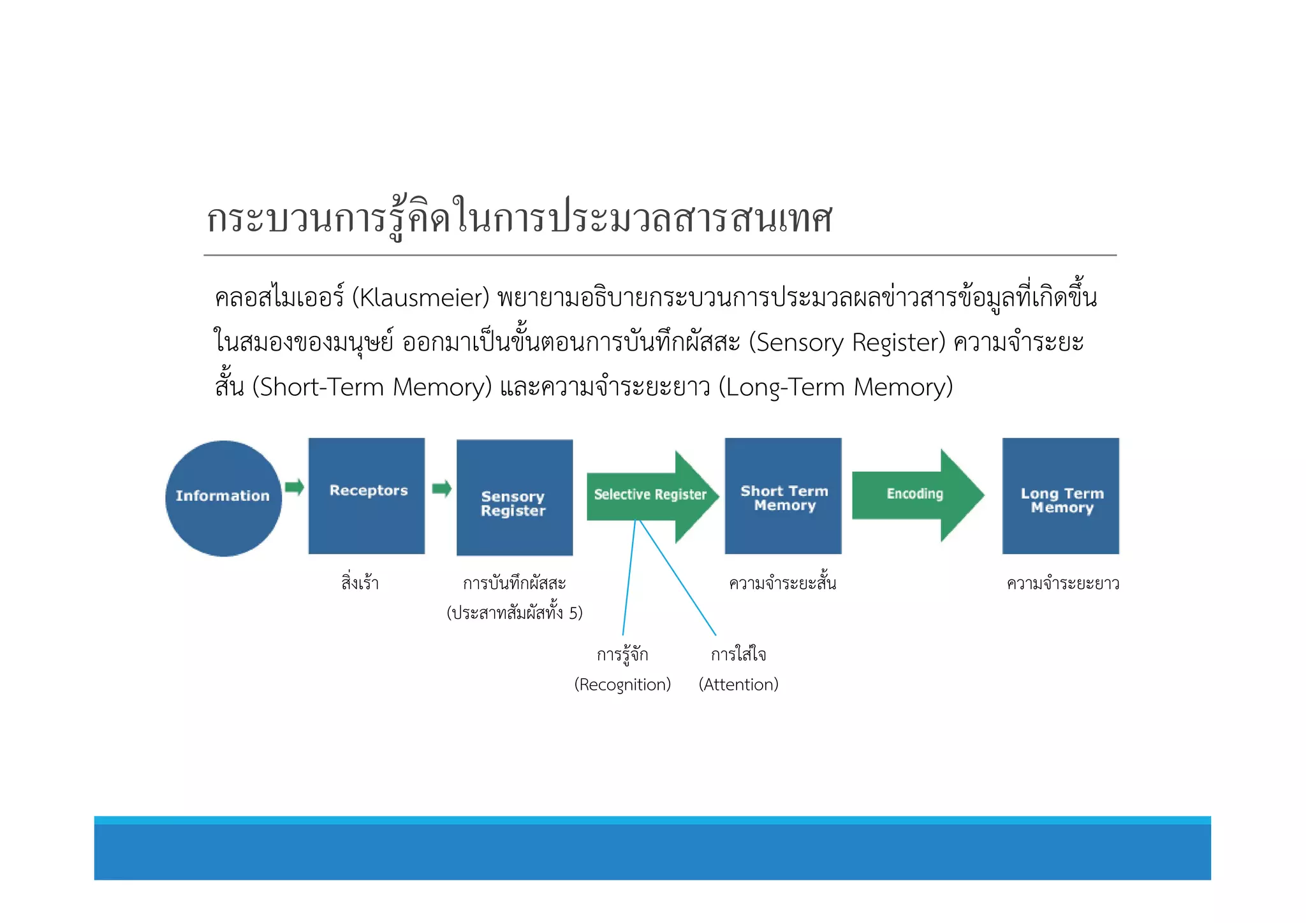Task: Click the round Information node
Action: (223, 498)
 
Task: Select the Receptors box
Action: (367, 495)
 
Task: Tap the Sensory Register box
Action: (514, 498)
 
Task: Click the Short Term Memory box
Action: (783, 495)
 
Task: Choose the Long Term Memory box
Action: (1060, 495)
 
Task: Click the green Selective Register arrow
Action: (650, 495)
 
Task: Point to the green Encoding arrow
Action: (916, 495)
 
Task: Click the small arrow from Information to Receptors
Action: (294, 488)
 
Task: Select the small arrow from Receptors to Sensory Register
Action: (441, 489)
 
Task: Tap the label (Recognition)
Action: (622, 685)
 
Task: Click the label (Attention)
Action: (738, 685)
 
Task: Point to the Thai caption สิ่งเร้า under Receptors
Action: (360, 583)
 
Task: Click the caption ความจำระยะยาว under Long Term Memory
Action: (1062, 583)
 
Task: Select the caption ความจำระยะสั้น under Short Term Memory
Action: (782, 583)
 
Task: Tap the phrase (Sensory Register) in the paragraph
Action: (847, 343)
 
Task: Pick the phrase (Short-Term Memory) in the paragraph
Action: (372, 388)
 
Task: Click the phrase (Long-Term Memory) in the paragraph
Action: (835, 388)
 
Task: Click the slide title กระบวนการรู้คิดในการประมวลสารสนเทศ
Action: (519, 219)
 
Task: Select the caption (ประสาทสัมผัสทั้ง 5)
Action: (515, 613)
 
